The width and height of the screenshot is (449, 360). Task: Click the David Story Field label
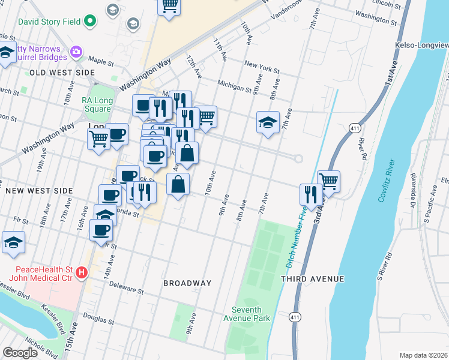click(50, 22)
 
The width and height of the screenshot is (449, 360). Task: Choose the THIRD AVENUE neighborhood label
click(312, 279)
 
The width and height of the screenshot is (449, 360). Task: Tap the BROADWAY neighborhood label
click(187, 283)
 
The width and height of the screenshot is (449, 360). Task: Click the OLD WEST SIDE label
click(62, 73)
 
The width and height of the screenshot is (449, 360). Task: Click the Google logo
click(20, 352)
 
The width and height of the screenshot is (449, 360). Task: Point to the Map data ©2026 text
click(423, 355)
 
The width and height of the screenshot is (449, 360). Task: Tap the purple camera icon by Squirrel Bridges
click(76, 52)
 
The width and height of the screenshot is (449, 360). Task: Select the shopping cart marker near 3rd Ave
click(328, 181)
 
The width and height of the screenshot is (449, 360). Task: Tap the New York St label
click(262, 67)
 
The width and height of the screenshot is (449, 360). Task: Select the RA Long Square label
click(97, 105)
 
